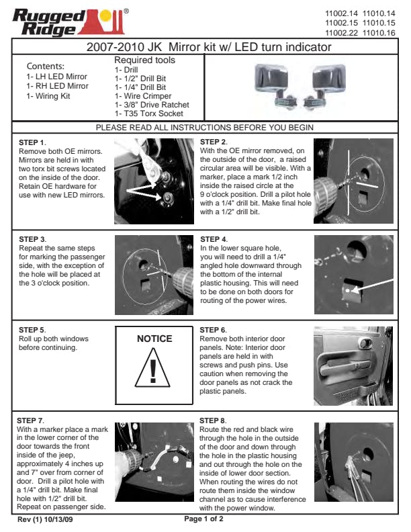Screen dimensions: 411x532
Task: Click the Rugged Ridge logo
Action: (71, 22)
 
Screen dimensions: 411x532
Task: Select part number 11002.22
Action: (341, 33)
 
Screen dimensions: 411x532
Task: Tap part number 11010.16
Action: (379, 33)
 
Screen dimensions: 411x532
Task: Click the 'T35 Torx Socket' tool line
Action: (149, 114)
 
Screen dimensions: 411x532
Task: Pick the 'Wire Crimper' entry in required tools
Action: (143, 96)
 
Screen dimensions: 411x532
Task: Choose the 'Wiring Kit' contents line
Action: (48, 96)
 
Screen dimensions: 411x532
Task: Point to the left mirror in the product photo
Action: (273, 85)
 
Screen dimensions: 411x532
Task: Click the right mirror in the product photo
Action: (326, 85)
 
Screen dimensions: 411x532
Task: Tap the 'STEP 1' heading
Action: (32, 142)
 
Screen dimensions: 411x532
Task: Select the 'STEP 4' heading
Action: (214, 239)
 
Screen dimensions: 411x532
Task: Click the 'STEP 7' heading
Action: (30, 420)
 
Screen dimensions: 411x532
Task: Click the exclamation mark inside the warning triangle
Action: (153, 371)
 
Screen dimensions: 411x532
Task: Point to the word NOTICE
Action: (154, 339)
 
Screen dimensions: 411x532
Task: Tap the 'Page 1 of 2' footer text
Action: (203, 519)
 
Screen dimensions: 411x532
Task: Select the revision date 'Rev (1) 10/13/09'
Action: (45, 519)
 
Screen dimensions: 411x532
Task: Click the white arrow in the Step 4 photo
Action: (372, 285)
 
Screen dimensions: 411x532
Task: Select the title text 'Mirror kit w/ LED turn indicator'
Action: (250, 47)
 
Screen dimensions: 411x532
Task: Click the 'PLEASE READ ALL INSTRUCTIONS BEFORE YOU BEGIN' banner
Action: (204, 128)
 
